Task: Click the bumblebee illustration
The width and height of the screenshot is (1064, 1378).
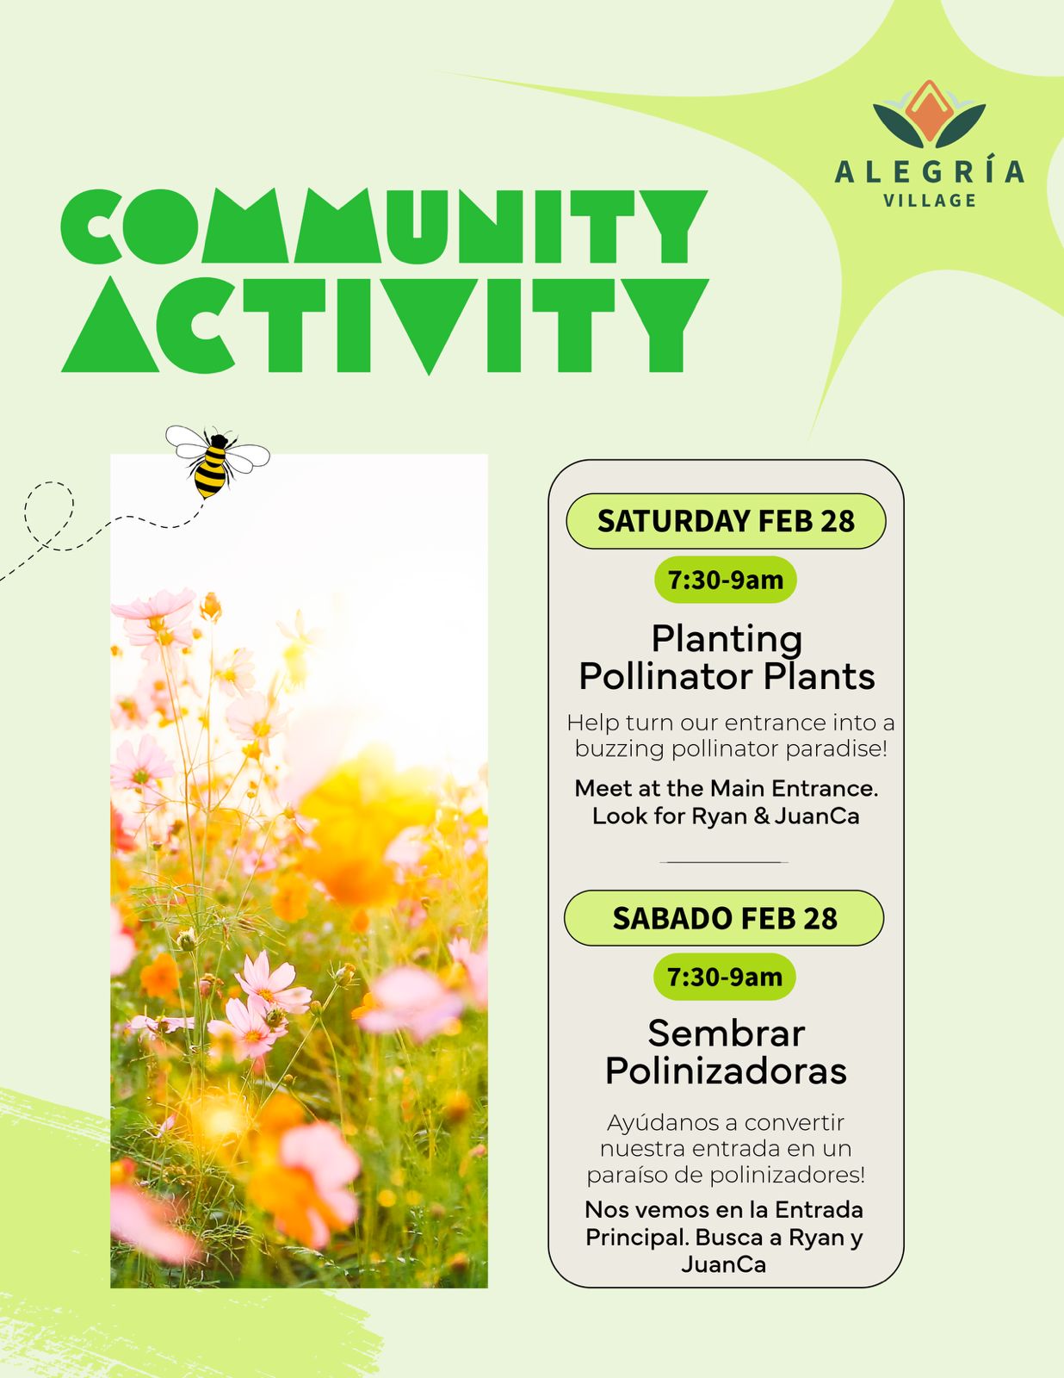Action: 218,461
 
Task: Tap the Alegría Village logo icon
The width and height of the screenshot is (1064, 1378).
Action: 929,115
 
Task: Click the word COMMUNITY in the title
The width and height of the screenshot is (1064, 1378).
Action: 384,226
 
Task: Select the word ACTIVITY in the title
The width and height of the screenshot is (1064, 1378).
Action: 385,326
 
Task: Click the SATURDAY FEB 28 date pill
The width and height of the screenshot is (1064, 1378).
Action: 726,521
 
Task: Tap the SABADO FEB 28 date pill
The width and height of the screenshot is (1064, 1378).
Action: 724,918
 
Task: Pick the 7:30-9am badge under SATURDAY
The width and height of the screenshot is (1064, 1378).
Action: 726,580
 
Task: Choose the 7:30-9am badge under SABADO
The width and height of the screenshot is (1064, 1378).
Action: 724,978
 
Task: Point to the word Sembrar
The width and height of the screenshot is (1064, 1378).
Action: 727,1033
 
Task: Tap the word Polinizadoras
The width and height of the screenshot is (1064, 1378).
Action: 727,1071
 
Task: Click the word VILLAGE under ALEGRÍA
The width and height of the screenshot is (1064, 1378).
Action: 930,201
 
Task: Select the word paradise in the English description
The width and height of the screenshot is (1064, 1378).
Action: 835,749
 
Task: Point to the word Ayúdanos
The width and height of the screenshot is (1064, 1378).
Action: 665,1123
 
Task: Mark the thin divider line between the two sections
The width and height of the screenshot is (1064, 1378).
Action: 724,862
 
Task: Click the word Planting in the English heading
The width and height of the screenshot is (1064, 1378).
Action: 727,640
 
